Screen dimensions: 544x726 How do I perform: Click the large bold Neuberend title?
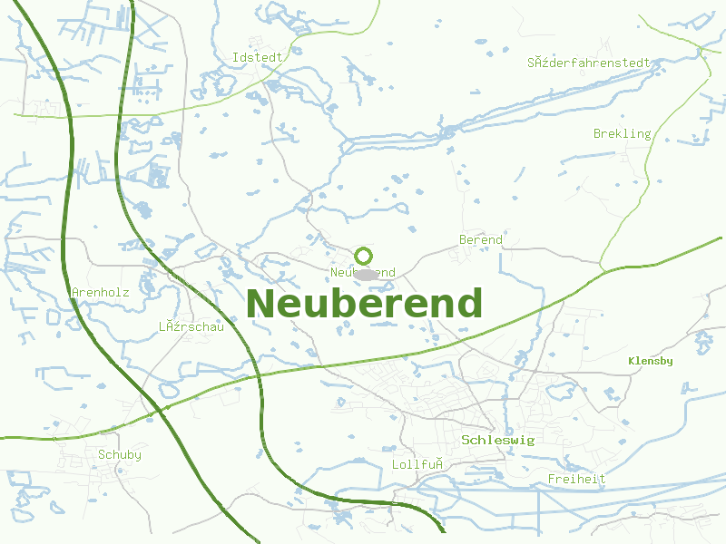pos(364,304)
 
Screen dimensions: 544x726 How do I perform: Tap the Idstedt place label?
pos(258,57)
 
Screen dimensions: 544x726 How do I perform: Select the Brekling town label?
pos(623,134)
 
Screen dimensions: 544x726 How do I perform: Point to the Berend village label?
pos(481,240)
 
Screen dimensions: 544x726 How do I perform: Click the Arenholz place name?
pos(100,293)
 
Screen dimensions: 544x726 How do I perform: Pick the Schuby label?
pos(120,455)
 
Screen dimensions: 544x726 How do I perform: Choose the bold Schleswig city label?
pos(498,440)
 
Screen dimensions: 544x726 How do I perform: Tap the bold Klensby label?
pos(651,361)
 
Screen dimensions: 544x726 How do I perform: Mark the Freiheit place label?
pos(577,479)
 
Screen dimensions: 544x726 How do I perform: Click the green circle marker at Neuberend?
pos(364,256)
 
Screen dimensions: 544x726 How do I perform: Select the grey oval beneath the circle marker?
pos(366,274)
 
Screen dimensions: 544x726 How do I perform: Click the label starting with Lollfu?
pos(417,464)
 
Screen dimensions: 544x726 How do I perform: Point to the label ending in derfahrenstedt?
pos(589,63)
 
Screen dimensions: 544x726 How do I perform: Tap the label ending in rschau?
pos(191,327)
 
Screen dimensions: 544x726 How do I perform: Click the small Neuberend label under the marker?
pos(363,273)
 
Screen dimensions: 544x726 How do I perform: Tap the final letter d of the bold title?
pos(468,304)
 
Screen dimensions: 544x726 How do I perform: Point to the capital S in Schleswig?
pos(466,440)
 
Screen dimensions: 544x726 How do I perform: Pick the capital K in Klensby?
pos(632,361)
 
